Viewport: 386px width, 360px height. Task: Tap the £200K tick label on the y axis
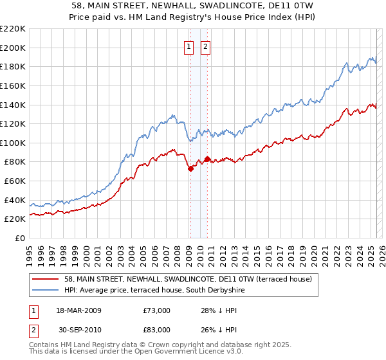(x=13, y=48)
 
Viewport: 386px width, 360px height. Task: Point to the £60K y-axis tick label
(x=15, y=181)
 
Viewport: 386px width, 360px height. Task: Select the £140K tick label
(x=13, y=105)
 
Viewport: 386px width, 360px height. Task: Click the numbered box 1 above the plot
(x=189, y=46)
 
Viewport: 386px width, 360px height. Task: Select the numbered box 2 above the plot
(x=205, y=46)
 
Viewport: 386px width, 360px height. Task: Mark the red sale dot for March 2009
(x=190, y=168)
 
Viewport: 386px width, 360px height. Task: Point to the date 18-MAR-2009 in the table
(x=78, y=310)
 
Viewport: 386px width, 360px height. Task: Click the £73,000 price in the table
(x=157, y=310)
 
